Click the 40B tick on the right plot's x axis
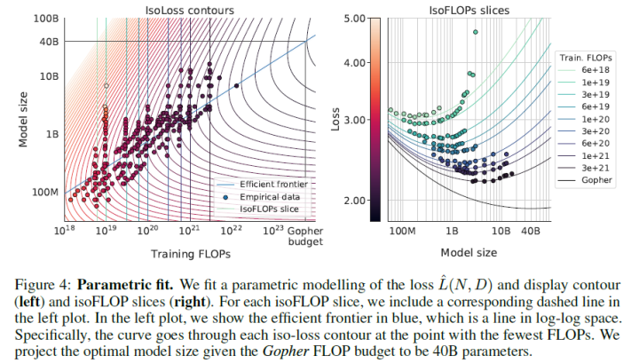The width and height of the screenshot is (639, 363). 531,229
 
